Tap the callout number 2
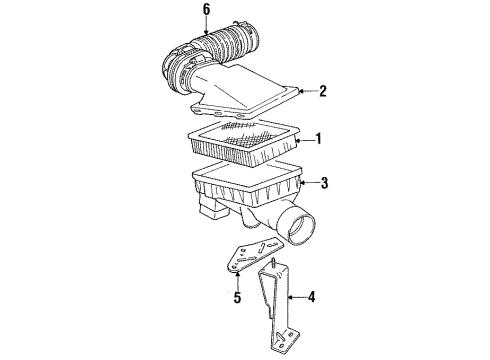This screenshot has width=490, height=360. pos(322,91)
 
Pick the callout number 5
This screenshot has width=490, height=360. pos(237,297)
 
